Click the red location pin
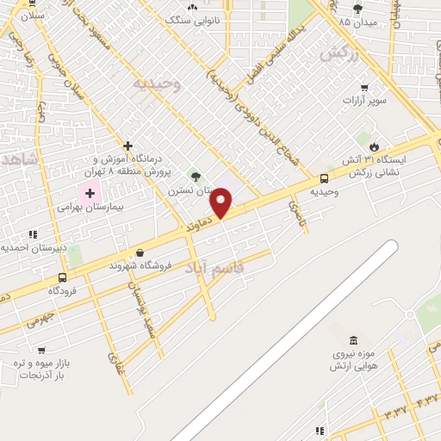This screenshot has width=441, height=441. (222, 203)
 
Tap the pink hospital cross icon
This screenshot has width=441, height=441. (89, 193)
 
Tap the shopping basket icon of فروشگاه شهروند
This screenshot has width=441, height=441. (140, 252)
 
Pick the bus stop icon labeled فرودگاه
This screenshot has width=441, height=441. (62, 277)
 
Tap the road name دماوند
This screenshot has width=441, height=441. (199, 228)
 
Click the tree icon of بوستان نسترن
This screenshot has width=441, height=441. (196, 177)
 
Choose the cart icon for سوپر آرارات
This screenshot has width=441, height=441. (364, 87)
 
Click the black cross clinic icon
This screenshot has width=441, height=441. (127, 146)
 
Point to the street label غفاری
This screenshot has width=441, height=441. (116, 365)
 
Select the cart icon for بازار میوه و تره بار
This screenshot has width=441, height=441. (40, 350)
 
